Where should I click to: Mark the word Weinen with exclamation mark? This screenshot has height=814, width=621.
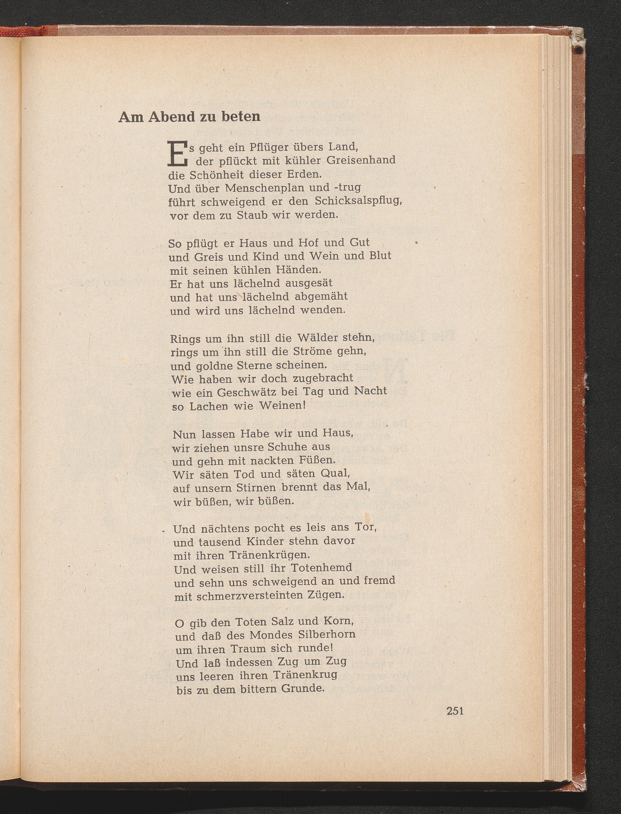point(283,406)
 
